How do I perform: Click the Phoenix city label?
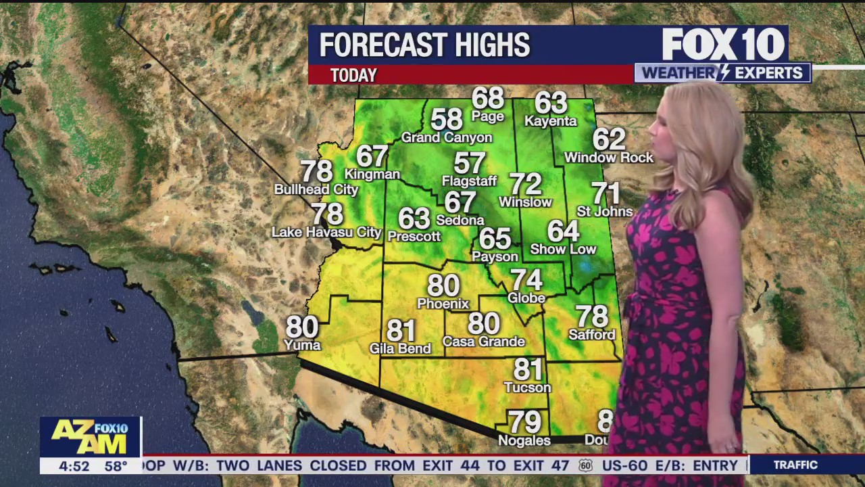click(443, 304)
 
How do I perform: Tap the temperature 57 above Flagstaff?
click(470, 164)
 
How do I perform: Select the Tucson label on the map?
click(527, 388)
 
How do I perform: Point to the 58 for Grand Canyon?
click(447, 120)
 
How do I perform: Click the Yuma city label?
click(302, 345)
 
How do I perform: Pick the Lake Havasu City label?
click(326, 233)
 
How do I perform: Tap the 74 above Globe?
click(526, 280)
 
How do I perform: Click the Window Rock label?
click(609, 158)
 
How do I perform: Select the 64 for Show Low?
click(563, 231)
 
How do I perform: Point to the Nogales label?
click(524, 440)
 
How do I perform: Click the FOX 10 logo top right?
click(723, 45)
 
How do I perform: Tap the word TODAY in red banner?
click(353, 75)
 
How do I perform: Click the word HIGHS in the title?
click(491, 45)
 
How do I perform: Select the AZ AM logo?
click(90, 437)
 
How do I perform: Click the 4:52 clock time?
click(74, 466)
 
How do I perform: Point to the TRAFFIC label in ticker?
click(795, 465)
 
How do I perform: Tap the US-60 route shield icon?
click(585, 465)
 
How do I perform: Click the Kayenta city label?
click(550, 121)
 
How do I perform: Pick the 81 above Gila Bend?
click(401, 331)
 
